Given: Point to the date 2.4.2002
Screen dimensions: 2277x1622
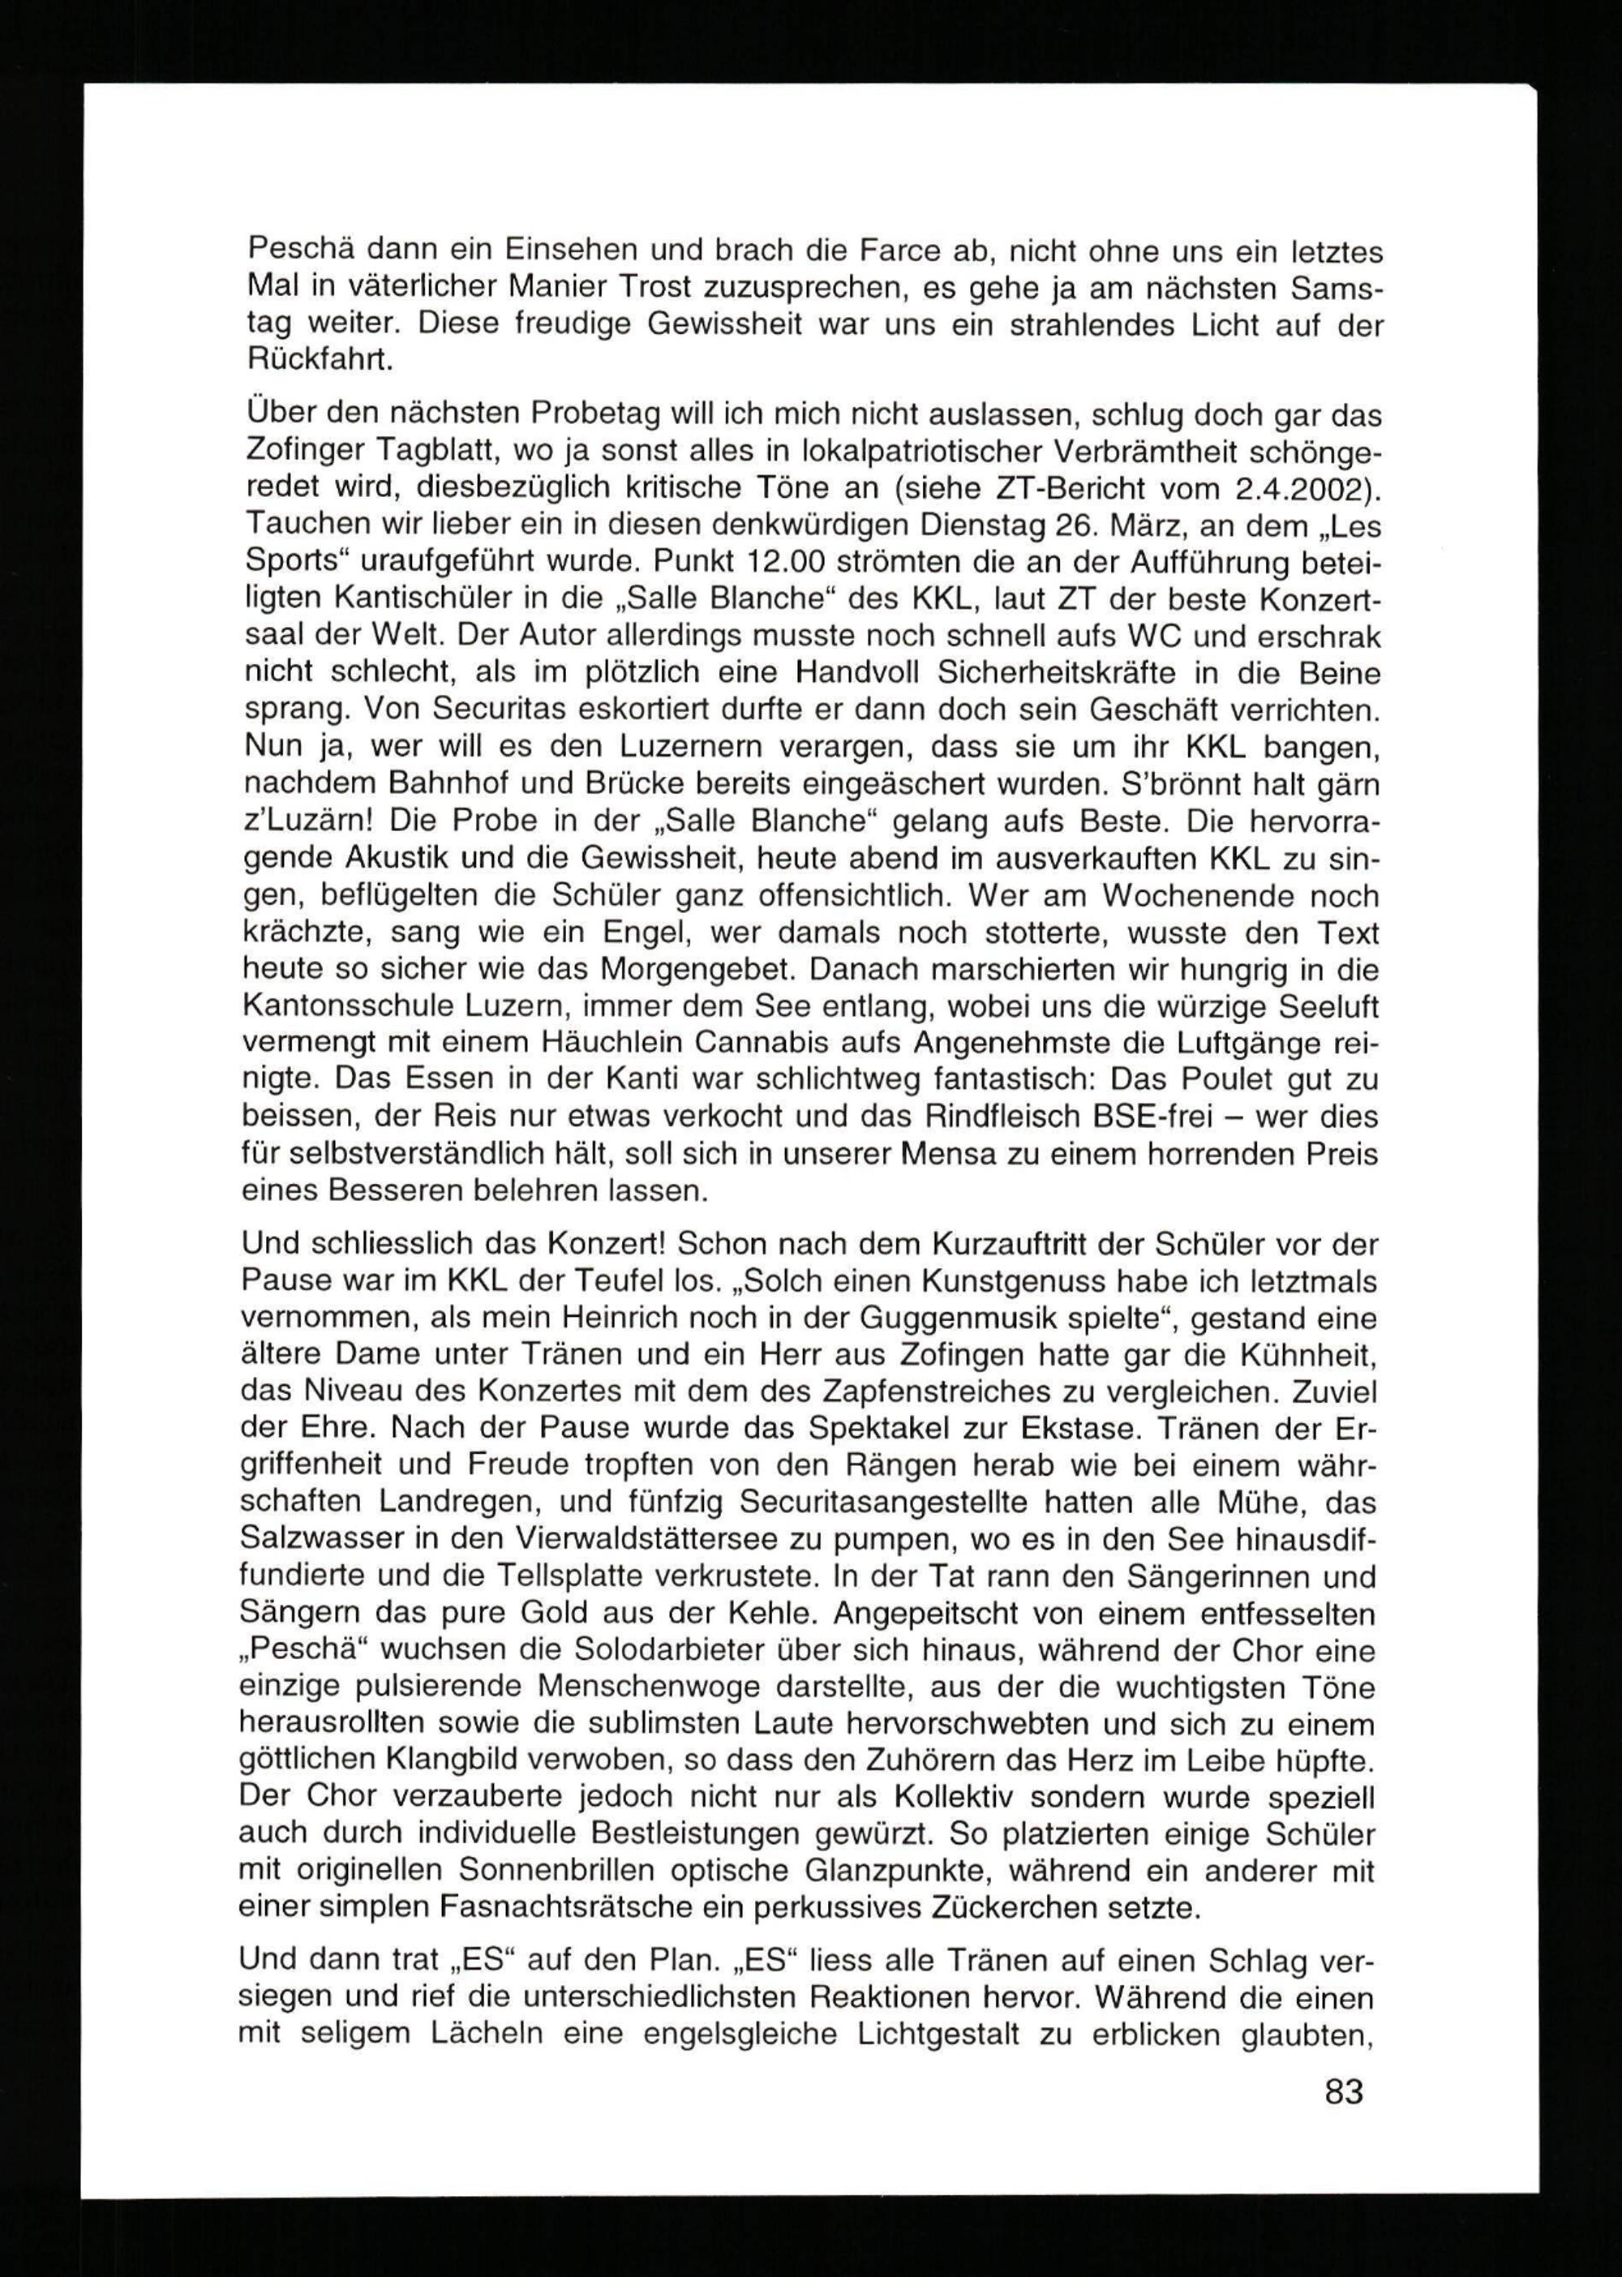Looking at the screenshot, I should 1303,488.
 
